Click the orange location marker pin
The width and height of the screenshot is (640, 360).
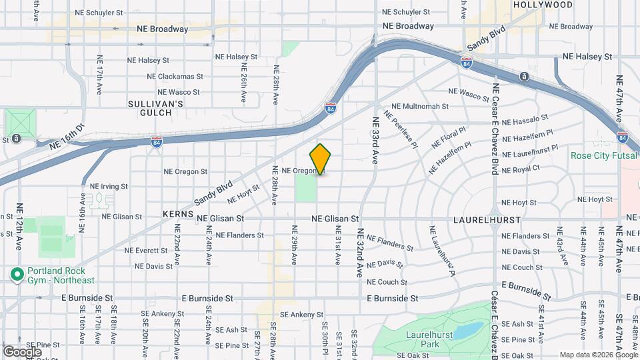tap(321, 159)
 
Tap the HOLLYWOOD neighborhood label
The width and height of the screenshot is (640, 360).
tap(543, 5)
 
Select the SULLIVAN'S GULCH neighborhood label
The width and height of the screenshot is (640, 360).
tap(155, 109)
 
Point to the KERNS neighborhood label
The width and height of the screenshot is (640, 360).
tap(177, 215)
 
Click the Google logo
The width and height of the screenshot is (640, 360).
tap(22, 351)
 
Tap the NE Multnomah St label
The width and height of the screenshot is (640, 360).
tap(420, 106)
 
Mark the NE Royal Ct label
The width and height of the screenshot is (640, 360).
tap(521, 169)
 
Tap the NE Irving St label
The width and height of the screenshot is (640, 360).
tap(109, 186)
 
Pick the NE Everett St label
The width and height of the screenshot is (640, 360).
tap(147, 251)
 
